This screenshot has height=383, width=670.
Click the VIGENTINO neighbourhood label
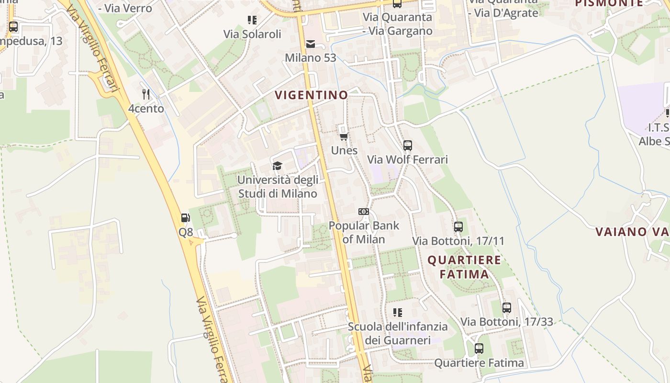click(x=312, y=95)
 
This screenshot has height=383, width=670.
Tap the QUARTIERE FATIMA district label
click(x=464, y=267)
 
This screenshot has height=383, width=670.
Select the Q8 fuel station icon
click(x=186, y=218)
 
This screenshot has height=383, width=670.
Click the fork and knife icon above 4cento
click(x=146, y=94)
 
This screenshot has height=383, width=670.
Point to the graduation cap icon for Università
click(x=277, y=166)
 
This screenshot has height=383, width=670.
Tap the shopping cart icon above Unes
click(x=344, y=136)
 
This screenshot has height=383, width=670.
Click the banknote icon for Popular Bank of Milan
click(x=364, y=212)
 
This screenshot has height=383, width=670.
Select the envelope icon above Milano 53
click(x=311, y=44)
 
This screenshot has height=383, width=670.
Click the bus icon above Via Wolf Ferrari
click(x=408, y=145)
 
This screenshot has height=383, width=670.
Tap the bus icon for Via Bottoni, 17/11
click(x=458, y=226)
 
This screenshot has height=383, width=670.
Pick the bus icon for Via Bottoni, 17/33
click(x=507, y=307)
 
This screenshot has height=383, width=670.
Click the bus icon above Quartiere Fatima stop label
click(x=479, y=349)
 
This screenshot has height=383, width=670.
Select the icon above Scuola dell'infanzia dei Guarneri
click(x=398, y=313)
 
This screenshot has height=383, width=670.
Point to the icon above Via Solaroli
click(x=252, y=20)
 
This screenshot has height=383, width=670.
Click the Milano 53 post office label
click(x=311, y=58)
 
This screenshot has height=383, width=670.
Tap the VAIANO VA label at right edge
click(x=632, y=232)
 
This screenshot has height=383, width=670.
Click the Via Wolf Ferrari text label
click(x=407, y=159)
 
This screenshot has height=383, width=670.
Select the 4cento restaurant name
click(x=146, y=109)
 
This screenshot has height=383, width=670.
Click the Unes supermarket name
click(x=344, y=150)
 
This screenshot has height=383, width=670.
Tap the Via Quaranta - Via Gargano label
click(x=397, y=24)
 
